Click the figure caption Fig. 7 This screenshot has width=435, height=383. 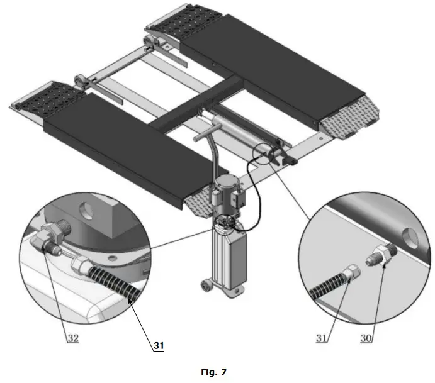pos(213,372)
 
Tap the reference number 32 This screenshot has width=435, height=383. pos(72,338)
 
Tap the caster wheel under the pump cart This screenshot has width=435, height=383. pos(206,287)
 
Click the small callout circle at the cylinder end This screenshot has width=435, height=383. pos(265,156)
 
